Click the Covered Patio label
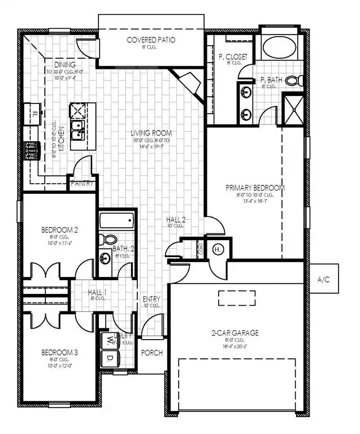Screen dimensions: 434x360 pyautogui.click(x=150, y=40)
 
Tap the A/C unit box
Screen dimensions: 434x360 pyautogui.click(x=324, y=279)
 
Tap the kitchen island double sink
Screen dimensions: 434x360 pyautogui.click(x=77, y=132)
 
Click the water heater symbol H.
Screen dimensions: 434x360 pyautogui.click(x=218, y=249)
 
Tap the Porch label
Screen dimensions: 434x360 pyautogui.click(x=151, y=353)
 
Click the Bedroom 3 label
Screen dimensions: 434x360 pyautogui.click(x=59, y=353)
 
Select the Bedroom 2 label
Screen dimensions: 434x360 pyautogui.click(x=59, y=230)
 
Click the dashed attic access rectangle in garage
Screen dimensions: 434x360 pyautogui.click(x=236, y=297)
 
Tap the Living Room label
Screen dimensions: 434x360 pyautogui.click(x=151, y=133)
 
